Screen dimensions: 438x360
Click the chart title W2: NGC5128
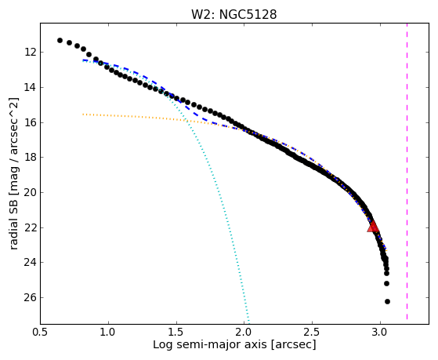point(233,14)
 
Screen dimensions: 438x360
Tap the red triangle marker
point(373,227)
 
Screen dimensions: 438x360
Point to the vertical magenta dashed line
point(407,171)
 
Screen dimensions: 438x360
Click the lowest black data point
point(387,301)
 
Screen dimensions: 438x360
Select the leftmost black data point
point(60,41)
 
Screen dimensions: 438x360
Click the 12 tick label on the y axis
point(30,53)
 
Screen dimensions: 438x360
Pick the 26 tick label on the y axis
point(30,297)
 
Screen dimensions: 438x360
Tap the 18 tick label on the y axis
point(30,158)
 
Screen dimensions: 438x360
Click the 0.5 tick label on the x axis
point(41,332)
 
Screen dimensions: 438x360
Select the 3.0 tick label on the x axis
point(380,332)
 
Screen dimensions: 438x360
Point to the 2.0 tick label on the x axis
point(244,332)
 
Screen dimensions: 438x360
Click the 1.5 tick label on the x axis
point(176,332)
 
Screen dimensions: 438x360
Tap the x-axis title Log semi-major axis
point(209,344)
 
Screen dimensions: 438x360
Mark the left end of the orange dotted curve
point(83,115)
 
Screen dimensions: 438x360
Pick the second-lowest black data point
point(386,284)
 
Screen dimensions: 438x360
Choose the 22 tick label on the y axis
point(30,228)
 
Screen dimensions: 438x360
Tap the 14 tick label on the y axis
point(30,88)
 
